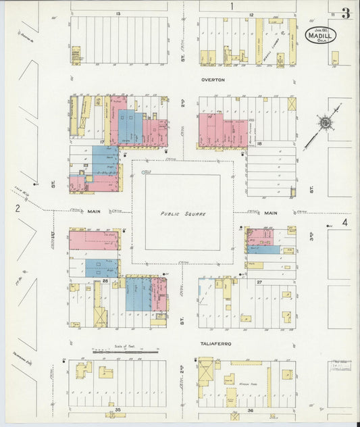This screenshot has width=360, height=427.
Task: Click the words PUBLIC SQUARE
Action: (x=183, y=214)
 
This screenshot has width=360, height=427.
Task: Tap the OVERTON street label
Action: (x=212, y=80)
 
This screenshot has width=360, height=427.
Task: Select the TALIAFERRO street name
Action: (x=215, y=344)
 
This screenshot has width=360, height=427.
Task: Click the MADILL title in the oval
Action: (x=320, y=35)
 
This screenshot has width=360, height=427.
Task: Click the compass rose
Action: (x=326, y=124)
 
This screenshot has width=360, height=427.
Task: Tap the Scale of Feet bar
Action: (x=125, y=351)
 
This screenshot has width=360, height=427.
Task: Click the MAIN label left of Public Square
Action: (x=94, y=211)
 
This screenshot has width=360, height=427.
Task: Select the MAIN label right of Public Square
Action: (x=270, y=214)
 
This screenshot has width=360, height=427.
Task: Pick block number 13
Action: (x=118, y=14)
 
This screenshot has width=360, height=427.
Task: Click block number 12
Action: (x=251, y=14)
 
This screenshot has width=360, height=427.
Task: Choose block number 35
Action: (x=118, y=410)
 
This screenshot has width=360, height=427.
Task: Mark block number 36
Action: (x=251, y=410)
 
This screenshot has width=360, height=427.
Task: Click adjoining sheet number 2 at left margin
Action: (x=19, y=209)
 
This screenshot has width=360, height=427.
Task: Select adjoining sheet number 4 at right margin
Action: (x=344, y=222)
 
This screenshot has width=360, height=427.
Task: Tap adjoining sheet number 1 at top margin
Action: (x=231, y=6)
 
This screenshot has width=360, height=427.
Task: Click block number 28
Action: (x=105, y=280)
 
